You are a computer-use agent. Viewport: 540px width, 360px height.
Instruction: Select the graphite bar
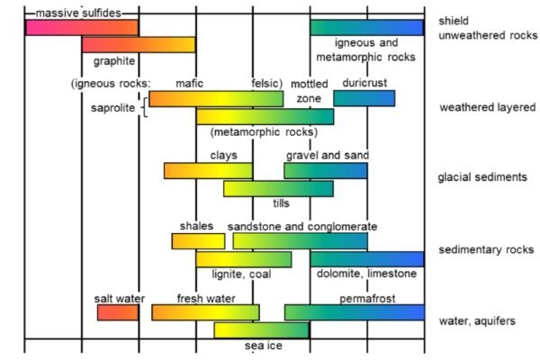139,44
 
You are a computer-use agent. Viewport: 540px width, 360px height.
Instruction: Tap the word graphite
114,61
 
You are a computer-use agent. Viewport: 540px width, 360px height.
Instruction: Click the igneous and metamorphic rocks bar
366,27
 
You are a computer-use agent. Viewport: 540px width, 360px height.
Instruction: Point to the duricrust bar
364,98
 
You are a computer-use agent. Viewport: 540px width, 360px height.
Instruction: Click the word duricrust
364,84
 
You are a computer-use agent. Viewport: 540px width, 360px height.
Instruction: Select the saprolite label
113,108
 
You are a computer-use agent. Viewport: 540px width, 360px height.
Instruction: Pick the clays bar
208,170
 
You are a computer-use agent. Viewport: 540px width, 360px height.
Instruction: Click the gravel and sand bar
325,170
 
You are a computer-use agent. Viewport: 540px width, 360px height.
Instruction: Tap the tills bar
278,188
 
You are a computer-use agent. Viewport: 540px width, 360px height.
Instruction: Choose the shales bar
198,241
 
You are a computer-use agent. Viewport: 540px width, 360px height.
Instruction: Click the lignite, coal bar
243,259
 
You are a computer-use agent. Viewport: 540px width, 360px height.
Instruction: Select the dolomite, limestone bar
366,259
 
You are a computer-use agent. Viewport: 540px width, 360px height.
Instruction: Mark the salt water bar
118,312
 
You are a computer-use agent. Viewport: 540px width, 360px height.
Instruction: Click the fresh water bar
205,312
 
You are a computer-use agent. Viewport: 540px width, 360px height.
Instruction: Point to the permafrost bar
354,312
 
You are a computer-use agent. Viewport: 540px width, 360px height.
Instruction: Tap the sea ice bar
256,329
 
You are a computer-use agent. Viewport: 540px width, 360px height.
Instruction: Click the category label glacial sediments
482,177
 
